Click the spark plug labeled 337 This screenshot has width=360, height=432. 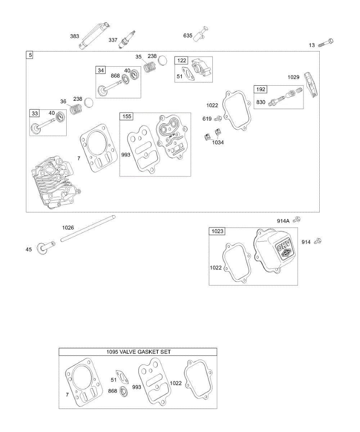129,39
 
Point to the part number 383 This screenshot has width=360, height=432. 75,36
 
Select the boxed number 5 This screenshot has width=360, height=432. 30,55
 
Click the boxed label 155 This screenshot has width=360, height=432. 127,116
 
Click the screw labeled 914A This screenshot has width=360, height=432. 297,219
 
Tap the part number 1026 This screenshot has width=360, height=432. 68,228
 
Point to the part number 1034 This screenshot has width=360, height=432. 218,143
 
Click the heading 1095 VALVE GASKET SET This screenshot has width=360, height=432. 139,352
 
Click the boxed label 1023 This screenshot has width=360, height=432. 217,231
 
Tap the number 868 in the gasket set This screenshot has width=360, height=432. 113,391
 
